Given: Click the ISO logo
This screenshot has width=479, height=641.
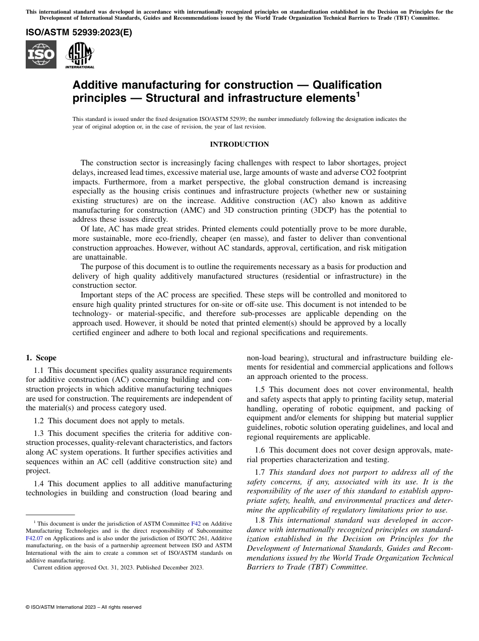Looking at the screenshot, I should click(x=41, y=54).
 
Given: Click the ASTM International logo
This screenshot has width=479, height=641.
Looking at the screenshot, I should click(x=80, y=54).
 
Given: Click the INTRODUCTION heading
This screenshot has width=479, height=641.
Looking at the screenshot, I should click(x=239, y=145).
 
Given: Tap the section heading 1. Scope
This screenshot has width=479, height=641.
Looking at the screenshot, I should click(x=41, y=358).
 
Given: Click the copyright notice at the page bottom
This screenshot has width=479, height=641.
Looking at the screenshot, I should click(x=83, y=607).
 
